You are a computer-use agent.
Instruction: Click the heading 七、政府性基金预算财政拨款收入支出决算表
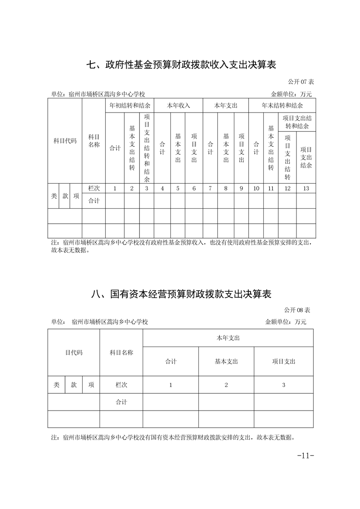point(181,64)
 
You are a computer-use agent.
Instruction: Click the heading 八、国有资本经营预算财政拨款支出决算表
point(181,294)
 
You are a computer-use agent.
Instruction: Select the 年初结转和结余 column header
point(130,105)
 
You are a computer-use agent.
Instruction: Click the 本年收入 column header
point(178,105)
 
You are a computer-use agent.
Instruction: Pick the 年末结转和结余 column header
point(282,105)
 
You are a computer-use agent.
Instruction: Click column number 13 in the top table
point(306,188)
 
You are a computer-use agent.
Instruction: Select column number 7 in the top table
point(210,188)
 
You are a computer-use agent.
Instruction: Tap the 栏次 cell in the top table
point(94,188)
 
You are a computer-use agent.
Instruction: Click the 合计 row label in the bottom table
point(121,402)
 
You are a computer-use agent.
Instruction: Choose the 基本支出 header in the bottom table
point(226,362)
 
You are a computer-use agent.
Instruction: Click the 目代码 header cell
point(74,352)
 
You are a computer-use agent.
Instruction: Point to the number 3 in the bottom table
point(284,385)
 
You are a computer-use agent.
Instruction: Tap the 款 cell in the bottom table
point(74,385)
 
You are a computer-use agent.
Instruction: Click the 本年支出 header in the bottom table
point(228,338)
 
